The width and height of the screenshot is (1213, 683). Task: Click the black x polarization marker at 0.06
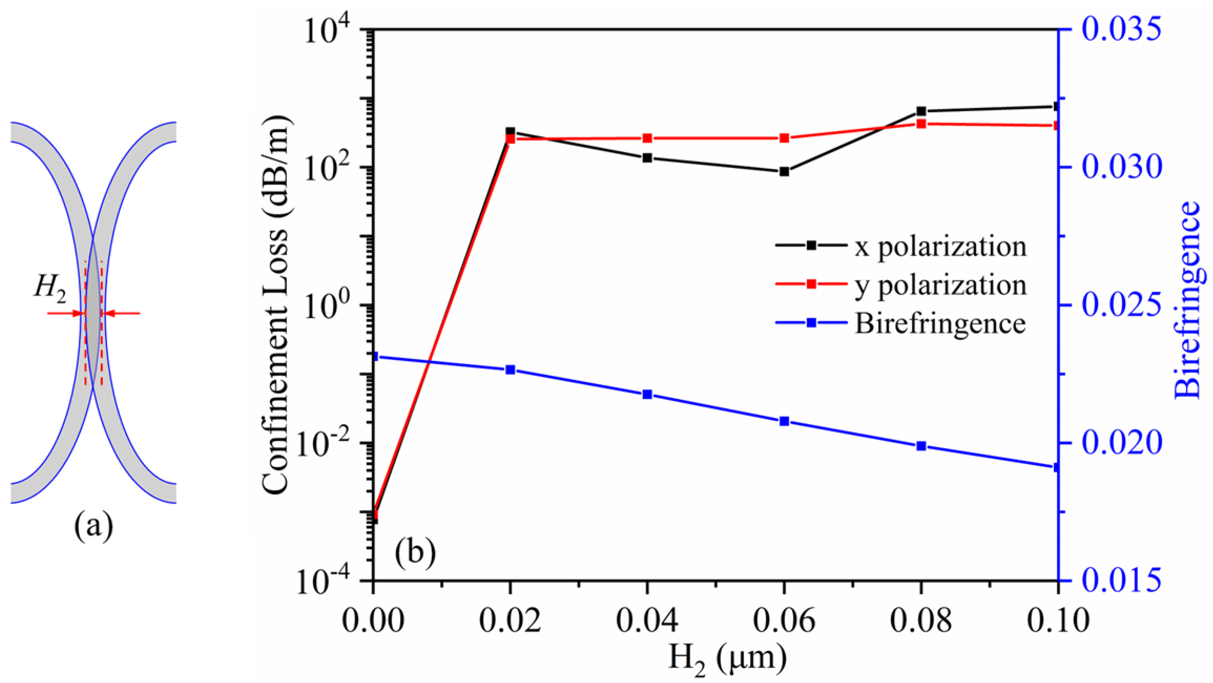(x=784, y=172)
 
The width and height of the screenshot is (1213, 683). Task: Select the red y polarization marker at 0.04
(x=647, y=138)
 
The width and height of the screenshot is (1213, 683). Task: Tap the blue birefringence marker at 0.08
(x=921, y=446)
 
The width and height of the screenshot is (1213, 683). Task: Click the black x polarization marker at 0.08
(x=921, y=111)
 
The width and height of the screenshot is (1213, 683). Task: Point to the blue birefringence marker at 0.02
(x=510, y=370)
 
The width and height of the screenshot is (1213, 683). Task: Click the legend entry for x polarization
(x=900, y=245)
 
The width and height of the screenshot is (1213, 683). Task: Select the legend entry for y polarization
(x=900, y=285)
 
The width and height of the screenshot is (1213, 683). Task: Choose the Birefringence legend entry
(x=900, y=323)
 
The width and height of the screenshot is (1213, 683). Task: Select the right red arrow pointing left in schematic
(x=122, y=313)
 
